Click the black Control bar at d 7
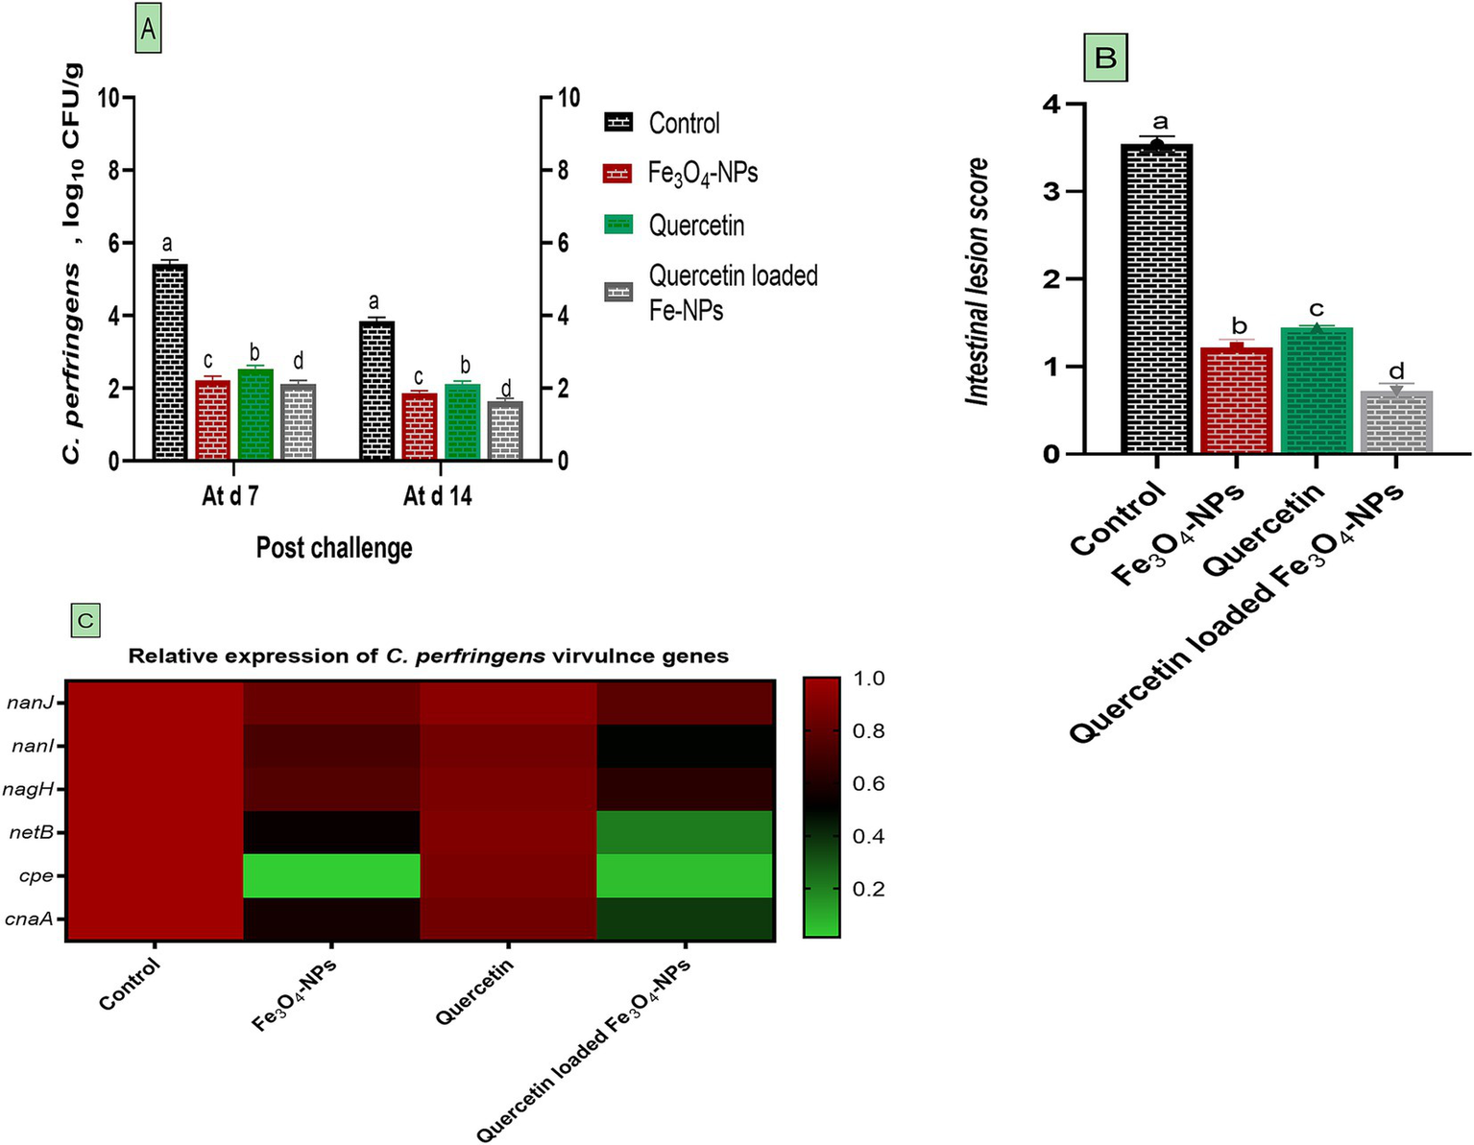[169, 362]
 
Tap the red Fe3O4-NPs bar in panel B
[1237, 399]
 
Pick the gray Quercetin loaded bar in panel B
[1397, 421]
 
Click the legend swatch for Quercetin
[618, 225]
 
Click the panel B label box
[1105, 58]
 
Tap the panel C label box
[85, 620]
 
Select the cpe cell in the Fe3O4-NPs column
[331, 875]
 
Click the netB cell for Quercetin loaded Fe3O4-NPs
[685, 832]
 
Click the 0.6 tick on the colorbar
[868, 783]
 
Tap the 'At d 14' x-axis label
[438, 496]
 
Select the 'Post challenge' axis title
[334, 548]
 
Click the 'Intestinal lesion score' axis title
[978, 281]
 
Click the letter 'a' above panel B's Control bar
[1160, 122]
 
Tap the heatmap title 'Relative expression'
[428, 656]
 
